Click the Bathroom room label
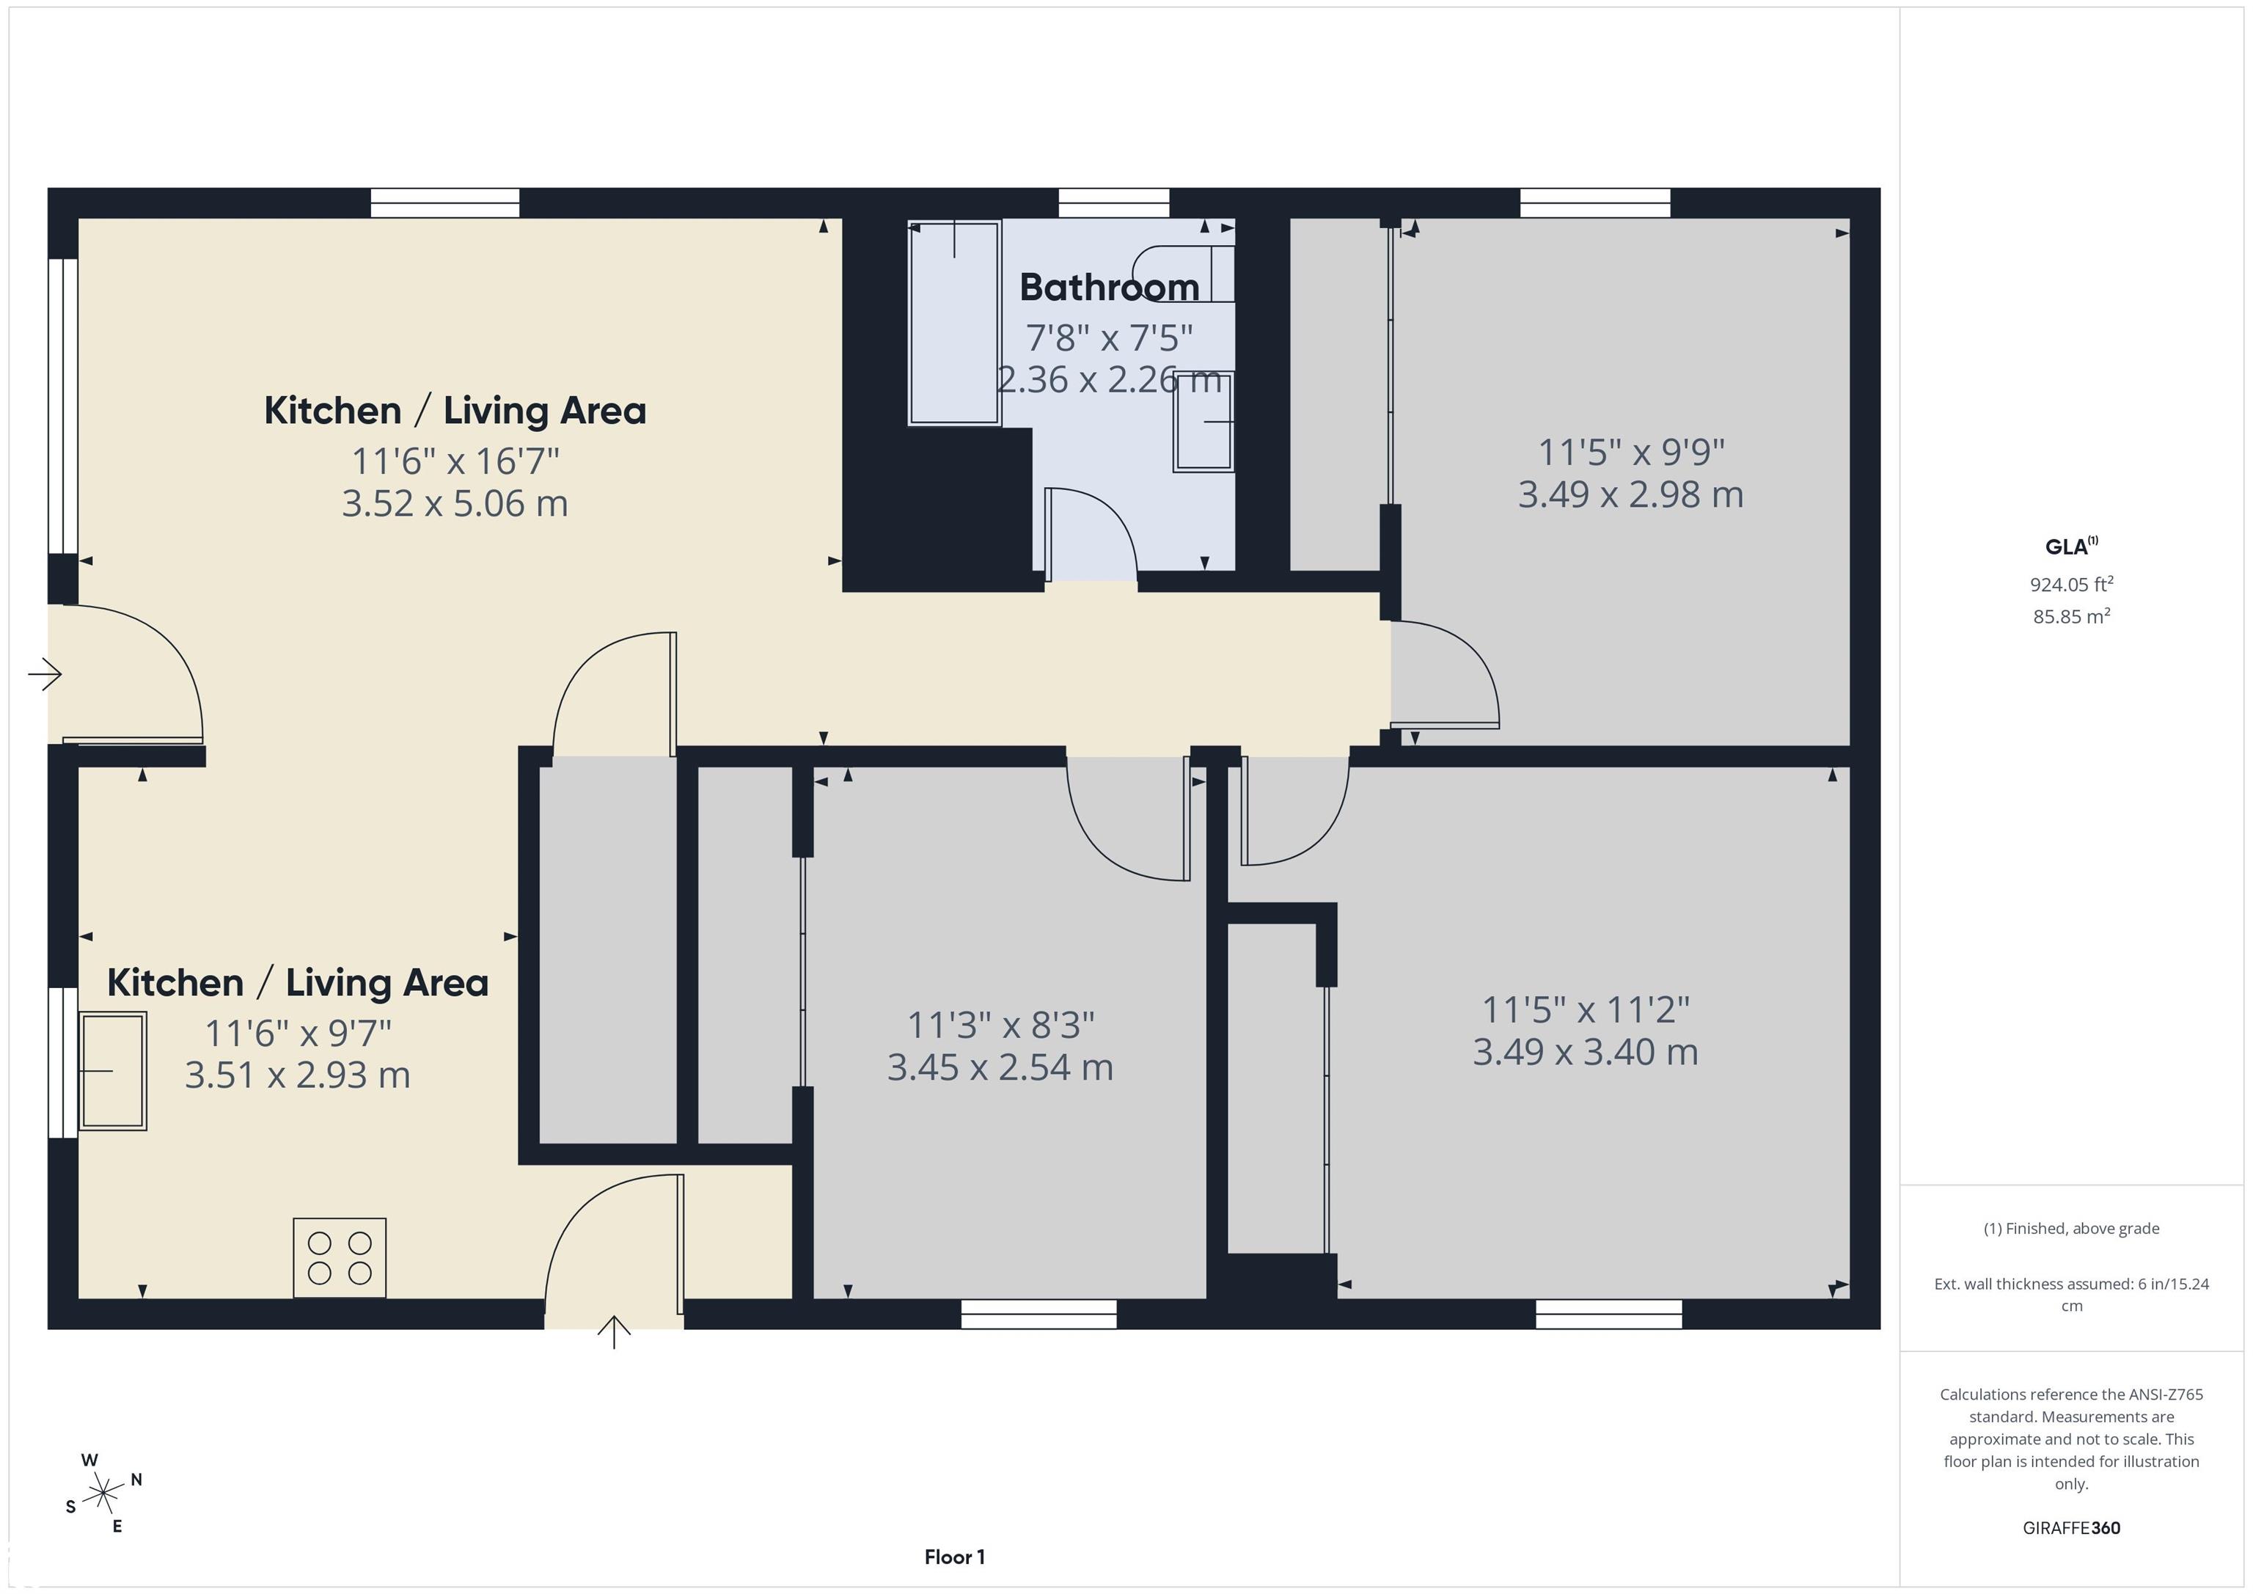(1109, 288)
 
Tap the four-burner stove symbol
(340, 1257)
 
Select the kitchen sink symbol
(113, 1071)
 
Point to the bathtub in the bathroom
(955, 323)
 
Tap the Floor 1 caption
(954, 1557)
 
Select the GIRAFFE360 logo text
(2070, 1527)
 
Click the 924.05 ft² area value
(2070, 584)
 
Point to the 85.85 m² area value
(2070, 616)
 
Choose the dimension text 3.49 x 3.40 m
(1585, 1052)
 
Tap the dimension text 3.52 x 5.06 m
(454, 503)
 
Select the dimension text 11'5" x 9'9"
(1631, 453)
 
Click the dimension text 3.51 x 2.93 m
(297, 1075)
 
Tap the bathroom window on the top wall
(1114, 203)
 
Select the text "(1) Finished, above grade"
(2070, 1228)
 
